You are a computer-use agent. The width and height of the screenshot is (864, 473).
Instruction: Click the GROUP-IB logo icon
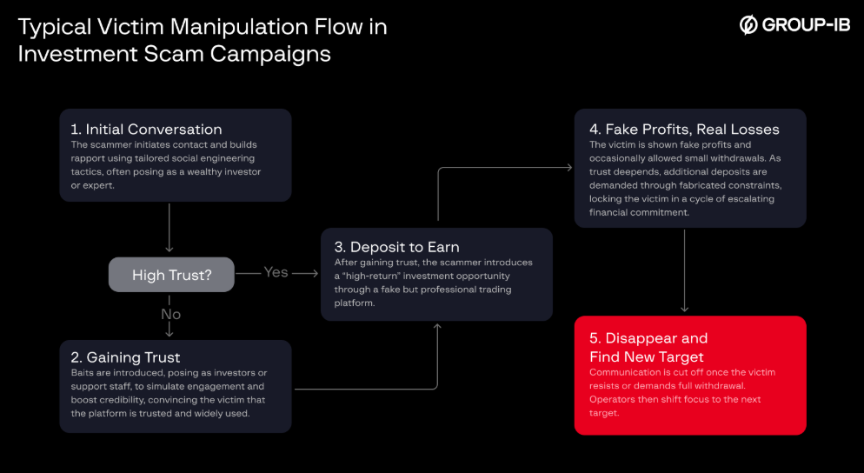click(748, 25)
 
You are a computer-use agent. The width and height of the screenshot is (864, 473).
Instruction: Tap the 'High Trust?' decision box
click(171, 275)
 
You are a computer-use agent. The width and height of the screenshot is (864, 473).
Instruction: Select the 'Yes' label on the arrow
click(276, 272)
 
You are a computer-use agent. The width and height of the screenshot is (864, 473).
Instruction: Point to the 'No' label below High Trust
click(170, 314)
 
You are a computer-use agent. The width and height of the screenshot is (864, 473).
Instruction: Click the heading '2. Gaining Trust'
click(126, 357)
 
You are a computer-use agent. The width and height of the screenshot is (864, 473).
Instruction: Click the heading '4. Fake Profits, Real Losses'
click(684, 130)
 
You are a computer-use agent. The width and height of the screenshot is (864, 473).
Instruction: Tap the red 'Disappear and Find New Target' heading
click(648, 347)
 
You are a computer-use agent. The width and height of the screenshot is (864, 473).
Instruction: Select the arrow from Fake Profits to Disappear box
click(685, 270)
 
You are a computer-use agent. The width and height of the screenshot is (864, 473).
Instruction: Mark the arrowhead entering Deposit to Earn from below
click(437, 326)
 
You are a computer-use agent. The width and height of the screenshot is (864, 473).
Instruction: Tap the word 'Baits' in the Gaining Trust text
click(85, 373)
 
